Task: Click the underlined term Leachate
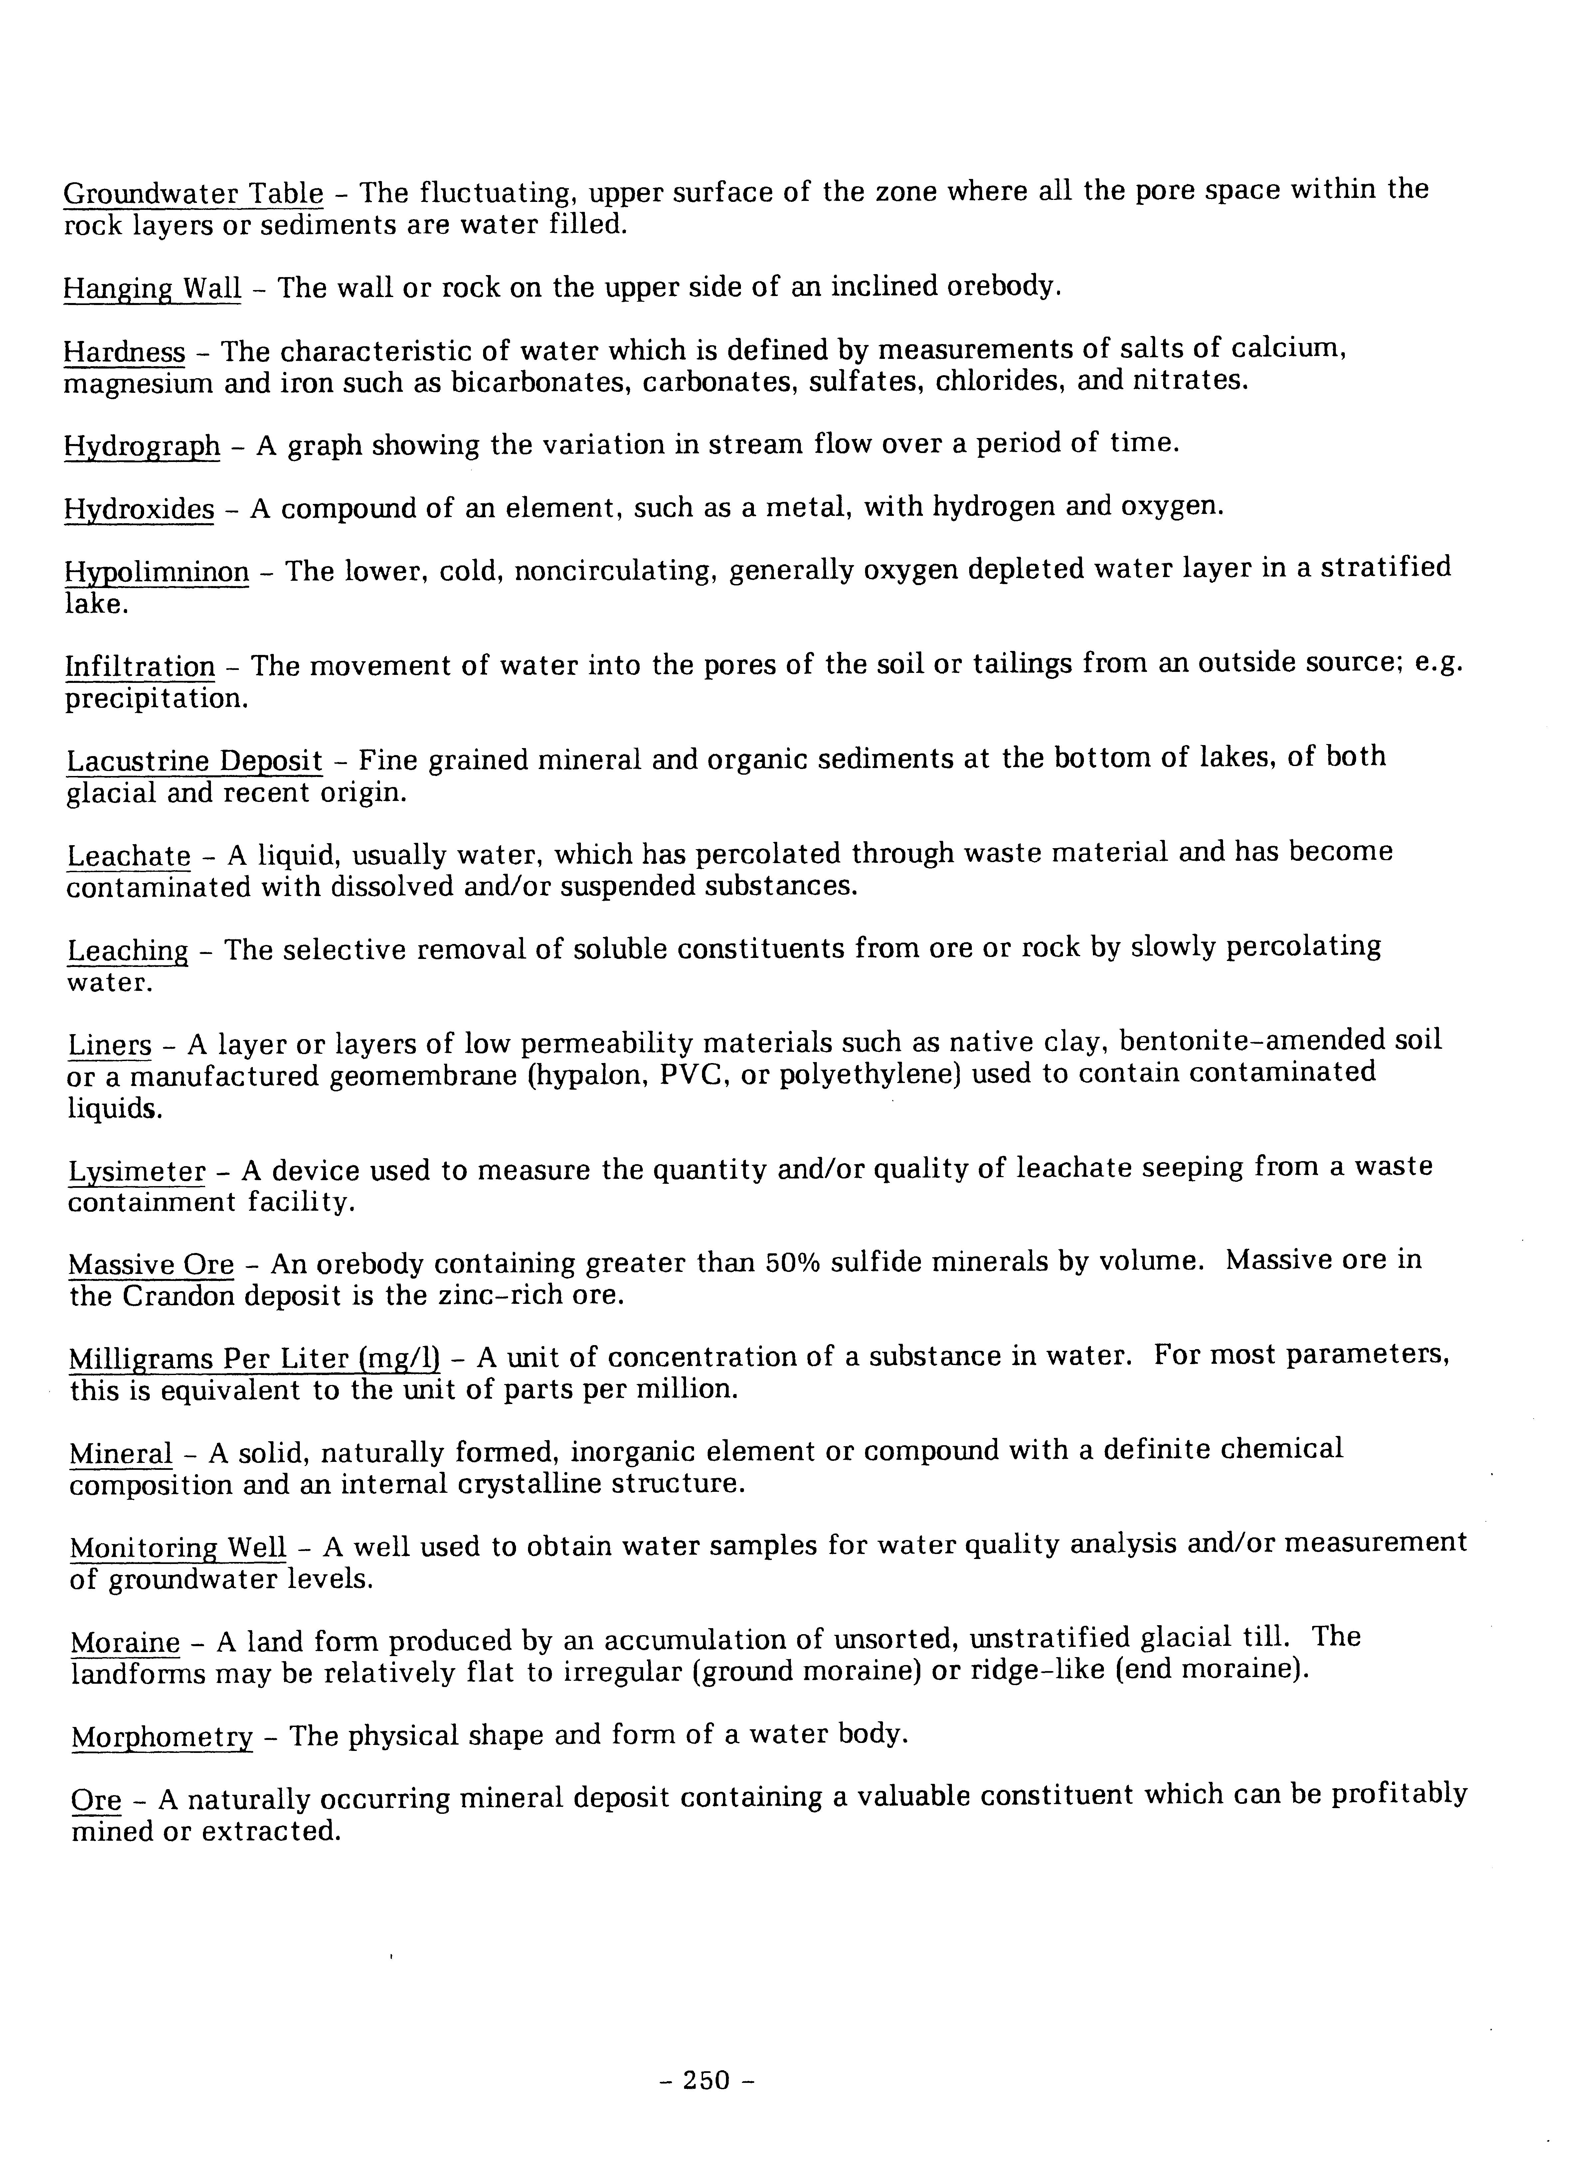pos(128,855)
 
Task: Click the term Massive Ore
pos(151,1266)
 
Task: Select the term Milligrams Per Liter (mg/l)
pos(254,1358)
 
